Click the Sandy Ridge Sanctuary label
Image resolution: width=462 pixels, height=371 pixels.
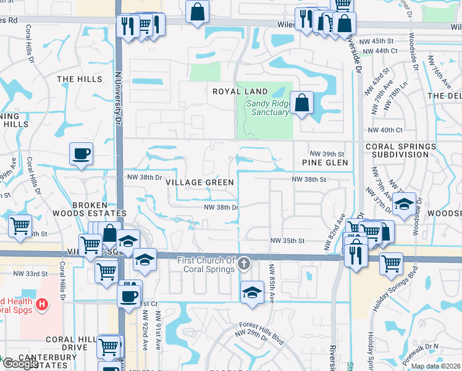(267, 108)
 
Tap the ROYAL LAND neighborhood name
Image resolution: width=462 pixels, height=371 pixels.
(240, 92)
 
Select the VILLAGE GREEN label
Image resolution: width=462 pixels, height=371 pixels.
(199, 182)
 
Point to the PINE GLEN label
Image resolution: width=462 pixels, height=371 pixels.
(325, 163)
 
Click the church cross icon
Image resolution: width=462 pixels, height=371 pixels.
(245, 265)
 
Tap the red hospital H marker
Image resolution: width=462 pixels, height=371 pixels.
(41, 304)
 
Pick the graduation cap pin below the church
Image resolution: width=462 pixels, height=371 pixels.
(252, 292)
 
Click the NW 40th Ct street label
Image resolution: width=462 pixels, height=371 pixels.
(385, 130)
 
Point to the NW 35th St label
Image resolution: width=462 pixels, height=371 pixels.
(288, 241)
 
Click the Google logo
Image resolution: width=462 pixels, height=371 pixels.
(20, 364)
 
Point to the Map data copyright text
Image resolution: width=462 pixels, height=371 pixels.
(435, 366)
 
